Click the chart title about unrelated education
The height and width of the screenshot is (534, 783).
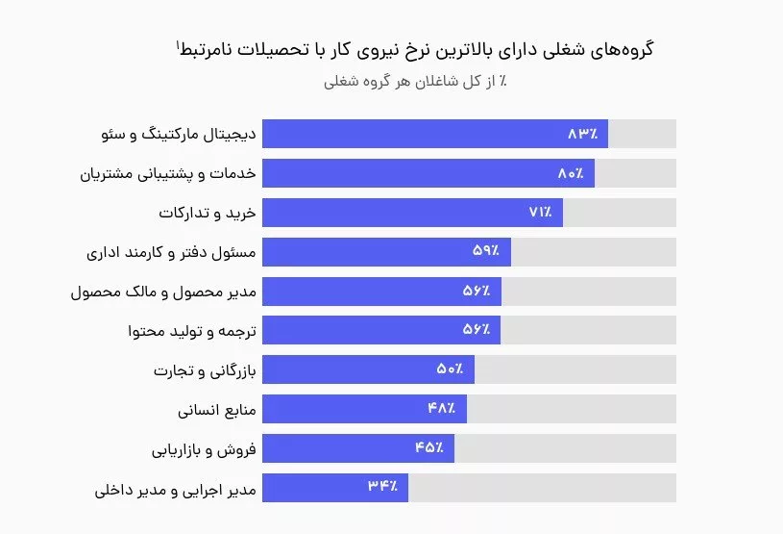click(414, 49)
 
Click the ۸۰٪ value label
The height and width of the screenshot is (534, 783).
click(570, 173)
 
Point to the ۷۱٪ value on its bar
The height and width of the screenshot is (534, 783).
click(540, 213)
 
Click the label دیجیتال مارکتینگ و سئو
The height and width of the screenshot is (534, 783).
click(178, 134)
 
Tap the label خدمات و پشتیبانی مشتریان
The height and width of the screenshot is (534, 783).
click(165, 173)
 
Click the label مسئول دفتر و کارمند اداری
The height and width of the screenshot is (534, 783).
click(170, 252)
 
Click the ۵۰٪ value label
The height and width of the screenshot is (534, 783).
click(450, 369)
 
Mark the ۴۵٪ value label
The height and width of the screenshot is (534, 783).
click(429, 448)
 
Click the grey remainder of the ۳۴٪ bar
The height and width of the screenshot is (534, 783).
click(542, 488)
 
